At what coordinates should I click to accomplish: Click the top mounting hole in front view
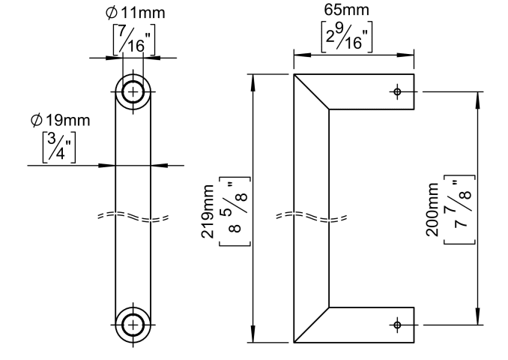point(133,92)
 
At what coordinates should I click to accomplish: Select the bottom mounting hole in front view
point(133,324)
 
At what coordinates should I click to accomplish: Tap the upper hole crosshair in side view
point(397,92)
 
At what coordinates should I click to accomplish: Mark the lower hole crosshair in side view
point(397,325)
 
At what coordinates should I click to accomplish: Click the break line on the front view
point(133,217)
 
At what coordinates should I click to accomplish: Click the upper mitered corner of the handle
point(311,94)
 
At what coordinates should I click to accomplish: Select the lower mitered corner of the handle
point(311,324)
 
